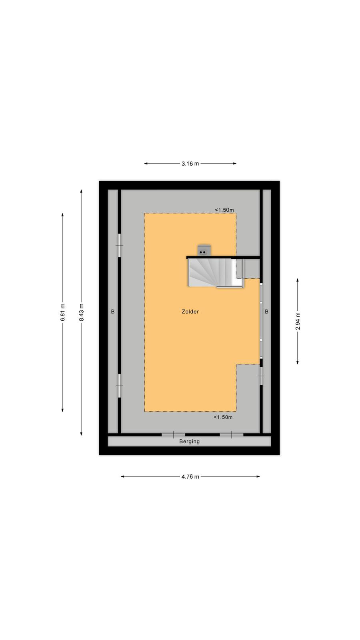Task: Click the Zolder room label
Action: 190,312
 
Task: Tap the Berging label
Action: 190,442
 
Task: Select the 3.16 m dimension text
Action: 190,164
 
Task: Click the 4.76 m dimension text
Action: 190,476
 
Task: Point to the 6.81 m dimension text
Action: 63,312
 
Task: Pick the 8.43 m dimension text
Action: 82,312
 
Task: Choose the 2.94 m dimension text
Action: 298,321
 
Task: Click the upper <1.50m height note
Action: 224,210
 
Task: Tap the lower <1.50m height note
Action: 223,417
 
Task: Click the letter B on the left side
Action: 113,312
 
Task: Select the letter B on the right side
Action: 266,312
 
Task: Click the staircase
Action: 216,273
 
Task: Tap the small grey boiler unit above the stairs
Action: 204,250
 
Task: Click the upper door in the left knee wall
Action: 120,246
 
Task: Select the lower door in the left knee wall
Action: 120,386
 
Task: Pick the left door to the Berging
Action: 174,435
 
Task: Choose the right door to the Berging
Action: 232,435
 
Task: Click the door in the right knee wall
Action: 261,376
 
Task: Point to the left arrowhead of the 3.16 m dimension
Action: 146,164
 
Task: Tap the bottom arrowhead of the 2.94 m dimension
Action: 298,362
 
